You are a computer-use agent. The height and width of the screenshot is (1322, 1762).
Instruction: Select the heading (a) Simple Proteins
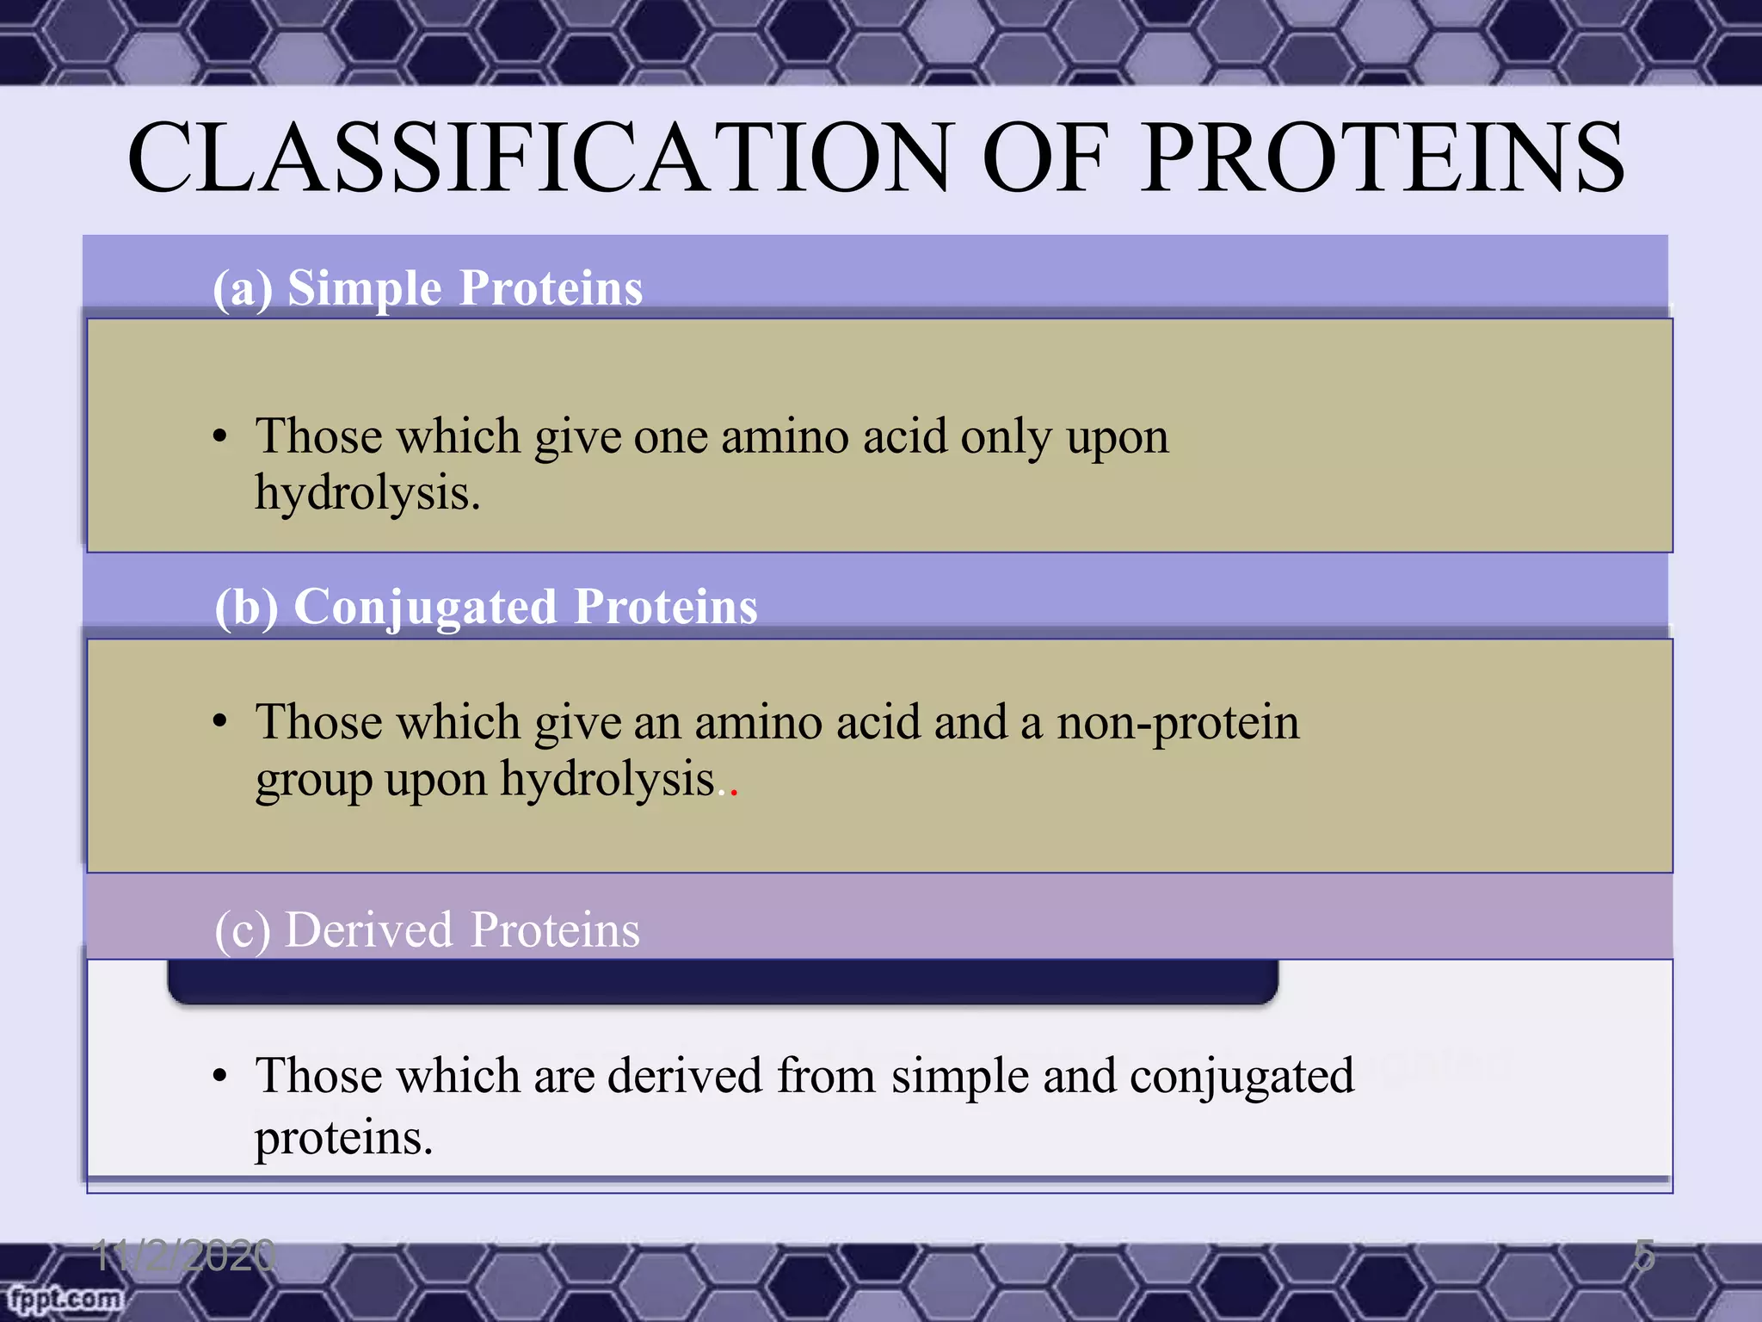[428, 287]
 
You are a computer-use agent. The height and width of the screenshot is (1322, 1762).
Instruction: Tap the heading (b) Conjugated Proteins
[486, 607]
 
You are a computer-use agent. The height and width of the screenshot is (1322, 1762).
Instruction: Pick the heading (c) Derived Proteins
[428, 930]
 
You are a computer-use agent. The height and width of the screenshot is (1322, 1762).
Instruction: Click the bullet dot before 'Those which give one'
[220, 436]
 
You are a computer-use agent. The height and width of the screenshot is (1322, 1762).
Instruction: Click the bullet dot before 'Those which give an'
[220, 721]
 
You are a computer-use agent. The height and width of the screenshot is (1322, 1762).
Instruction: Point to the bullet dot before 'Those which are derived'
[220, 1076]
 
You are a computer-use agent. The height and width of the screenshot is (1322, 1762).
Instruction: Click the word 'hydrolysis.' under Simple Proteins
[367, 494]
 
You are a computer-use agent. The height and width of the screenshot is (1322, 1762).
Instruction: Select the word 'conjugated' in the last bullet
[1241, 1077]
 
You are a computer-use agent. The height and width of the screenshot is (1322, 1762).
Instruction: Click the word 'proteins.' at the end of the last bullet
[343, 1139]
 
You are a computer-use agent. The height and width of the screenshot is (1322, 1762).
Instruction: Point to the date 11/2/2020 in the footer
[184, 1256]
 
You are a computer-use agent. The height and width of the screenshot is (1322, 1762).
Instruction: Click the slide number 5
[1644, 1256]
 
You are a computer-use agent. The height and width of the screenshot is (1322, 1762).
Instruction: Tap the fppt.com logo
[64, 1298]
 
